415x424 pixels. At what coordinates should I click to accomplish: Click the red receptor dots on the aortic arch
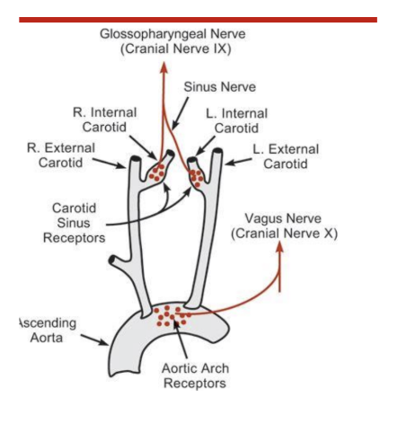(172, 316)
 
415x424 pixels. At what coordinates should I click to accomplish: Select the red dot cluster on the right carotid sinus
(160, 171)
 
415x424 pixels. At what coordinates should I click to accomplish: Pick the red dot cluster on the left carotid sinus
(196, 175)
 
